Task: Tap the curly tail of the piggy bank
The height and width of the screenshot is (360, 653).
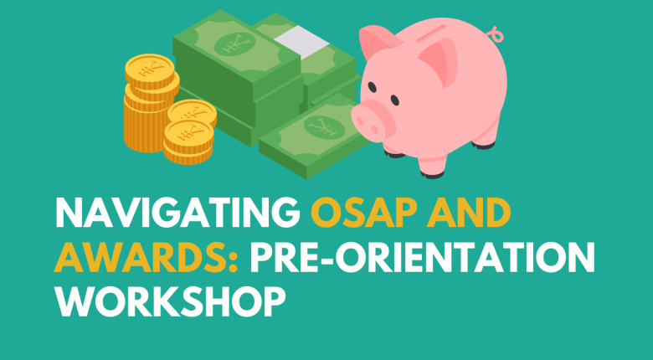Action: click(x=499, y=36)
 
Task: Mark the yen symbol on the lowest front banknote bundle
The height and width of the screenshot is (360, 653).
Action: click(x=321, y=126)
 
